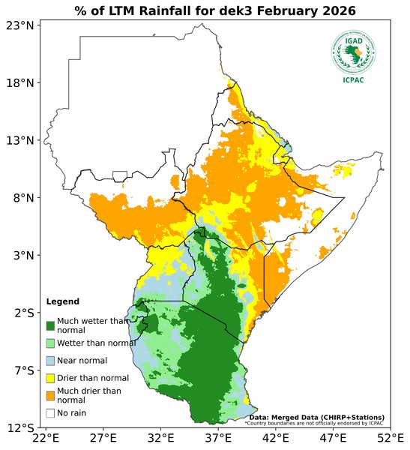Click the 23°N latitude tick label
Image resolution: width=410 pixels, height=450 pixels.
point(20,25)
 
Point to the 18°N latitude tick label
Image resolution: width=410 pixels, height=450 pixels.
point(20,82)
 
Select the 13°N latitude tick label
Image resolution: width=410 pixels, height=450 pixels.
point(20,140)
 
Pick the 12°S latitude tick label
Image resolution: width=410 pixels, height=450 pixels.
point(20,428)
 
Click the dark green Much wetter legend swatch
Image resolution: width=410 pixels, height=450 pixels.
point(50,325)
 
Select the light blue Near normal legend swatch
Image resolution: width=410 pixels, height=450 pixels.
point(50,361)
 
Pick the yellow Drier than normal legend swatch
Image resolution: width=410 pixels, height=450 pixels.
point(50,378)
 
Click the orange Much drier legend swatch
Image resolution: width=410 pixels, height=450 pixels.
point(50,395)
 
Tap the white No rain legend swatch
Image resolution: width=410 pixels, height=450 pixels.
point(50,412)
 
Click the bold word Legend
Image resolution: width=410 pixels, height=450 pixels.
point(62,301)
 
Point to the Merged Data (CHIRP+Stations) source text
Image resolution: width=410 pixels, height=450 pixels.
point(316,417)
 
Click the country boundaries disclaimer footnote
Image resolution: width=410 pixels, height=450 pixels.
point(313,423)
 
